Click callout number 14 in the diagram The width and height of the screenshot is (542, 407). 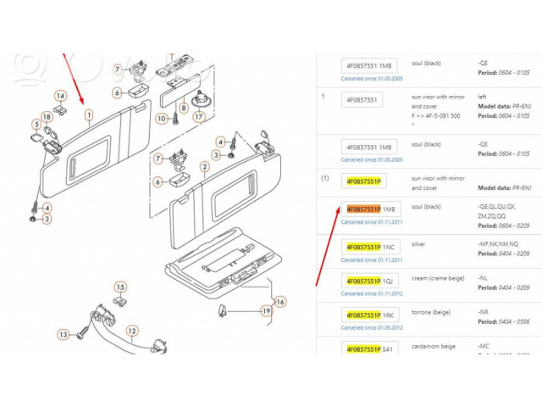[60, 96]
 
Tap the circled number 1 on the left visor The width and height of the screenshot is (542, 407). [88, 113]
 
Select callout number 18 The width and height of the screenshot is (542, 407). [46, 116]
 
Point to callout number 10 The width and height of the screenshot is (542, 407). [161, 118]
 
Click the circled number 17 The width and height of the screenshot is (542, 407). [198, 117]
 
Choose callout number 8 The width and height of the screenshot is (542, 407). [183, 109]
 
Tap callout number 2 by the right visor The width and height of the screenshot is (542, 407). [205, 167]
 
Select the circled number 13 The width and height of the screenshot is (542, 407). [63, 334]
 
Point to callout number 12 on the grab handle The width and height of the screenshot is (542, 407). [132, 332]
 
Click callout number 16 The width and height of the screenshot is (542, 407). [280, 301]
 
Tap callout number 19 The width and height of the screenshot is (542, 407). [264, 311]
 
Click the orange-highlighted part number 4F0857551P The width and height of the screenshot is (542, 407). [362, 209]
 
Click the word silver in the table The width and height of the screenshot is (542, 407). [418, 243]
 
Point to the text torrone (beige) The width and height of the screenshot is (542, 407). [431, 311]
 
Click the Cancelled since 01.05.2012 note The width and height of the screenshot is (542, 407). [371, 327]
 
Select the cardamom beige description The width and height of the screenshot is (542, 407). [433, 346]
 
